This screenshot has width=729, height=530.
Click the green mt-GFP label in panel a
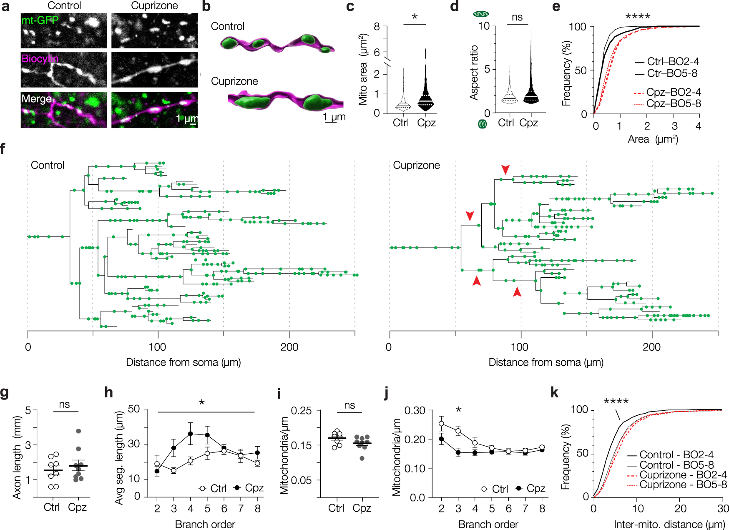click(40, 20)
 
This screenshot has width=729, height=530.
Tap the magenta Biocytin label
click(40, 59)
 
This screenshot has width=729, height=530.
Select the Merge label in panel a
click(36, 99)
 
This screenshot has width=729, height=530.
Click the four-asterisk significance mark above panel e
click(638, 17)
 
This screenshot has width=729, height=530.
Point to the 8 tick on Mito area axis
click(377, 27)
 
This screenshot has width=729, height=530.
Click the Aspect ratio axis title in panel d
click(474, 73)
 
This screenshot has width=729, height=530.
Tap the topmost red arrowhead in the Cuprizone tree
click(505, 169)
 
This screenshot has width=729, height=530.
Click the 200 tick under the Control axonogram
click(289, 347)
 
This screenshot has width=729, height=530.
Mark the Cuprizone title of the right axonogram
click(416, 166)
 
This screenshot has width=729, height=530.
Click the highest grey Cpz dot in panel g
click(78, 431)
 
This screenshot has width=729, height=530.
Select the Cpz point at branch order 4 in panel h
click(191, 434)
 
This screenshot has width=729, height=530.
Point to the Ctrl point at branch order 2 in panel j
click(442, 424)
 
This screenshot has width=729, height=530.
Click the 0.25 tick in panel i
click(301, 411)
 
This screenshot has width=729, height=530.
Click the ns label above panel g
click(65, 404)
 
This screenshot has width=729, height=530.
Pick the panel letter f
click(3, 149)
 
